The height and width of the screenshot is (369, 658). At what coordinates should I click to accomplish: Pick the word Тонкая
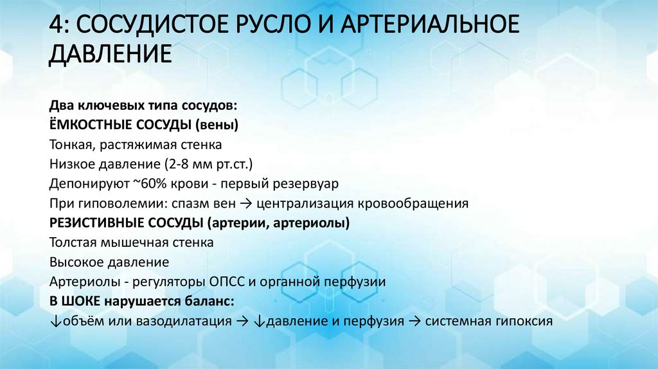(x=67, y=144)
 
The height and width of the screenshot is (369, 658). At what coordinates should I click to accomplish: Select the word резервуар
(x=305, y=184)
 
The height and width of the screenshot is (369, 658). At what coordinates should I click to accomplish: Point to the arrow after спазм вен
(x=248, y=204)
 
